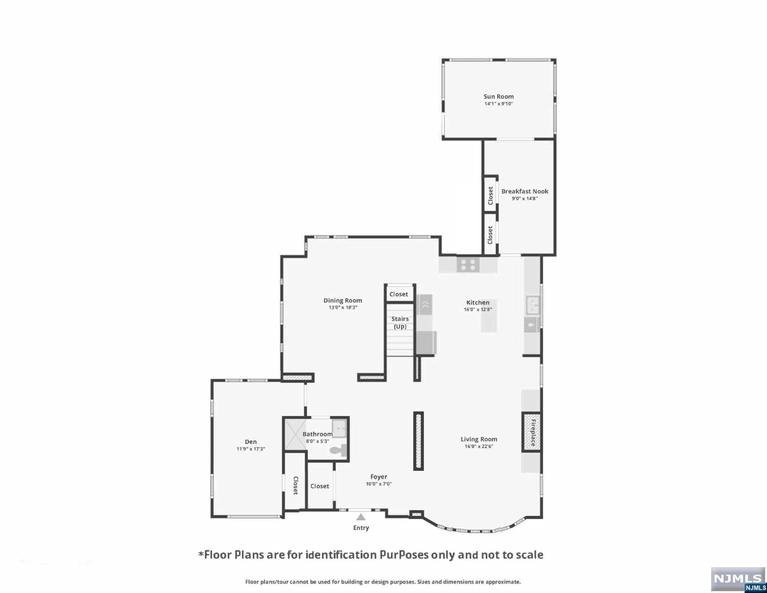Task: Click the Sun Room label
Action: point(498,97)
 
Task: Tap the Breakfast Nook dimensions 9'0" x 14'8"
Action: point(525,199)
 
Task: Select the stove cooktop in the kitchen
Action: point(468,264)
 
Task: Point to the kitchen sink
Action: point(533,305)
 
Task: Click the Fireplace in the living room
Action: point(532,432)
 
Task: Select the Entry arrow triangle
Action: point(361,517)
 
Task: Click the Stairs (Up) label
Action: point(400,323)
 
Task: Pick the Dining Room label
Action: point(343,300)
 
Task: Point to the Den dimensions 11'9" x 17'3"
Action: point(251,449)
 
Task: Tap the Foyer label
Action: point(379,477)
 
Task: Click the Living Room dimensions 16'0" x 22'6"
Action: point(479,446)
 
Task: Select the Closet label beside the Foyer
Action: point(320,486)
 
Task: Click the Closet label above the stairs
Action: point(398,294)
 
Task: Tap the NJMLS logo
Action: point(738,580)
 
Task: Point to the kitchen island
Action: point(489,316)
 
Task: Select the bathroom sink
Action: point(340,428)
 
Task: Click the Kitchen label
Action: point(478,303)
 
